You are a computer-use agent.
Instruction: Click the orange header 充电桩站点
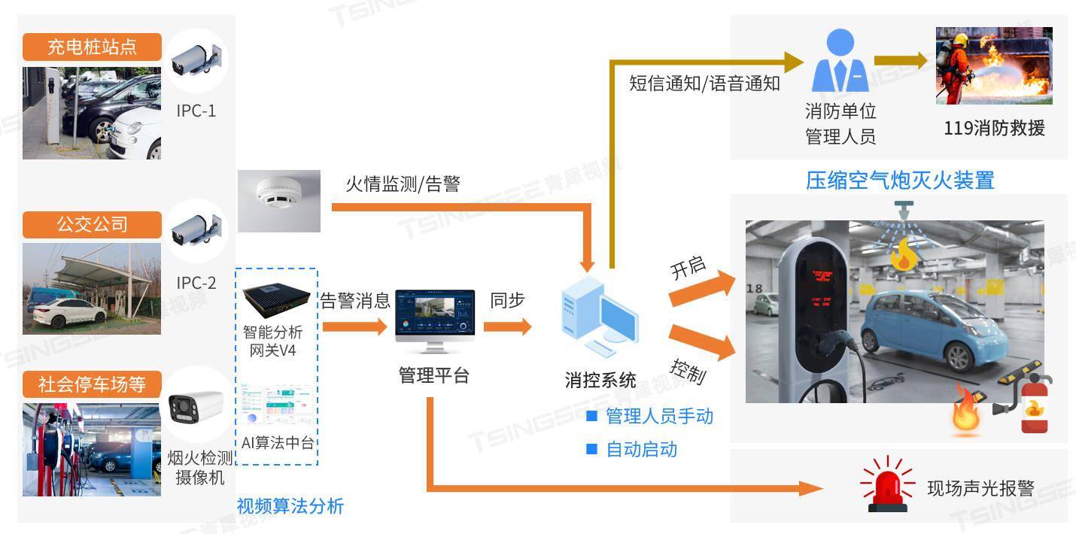[x=92, y=47]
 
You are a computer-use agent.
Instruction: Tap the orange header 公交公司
[x=92, y=224]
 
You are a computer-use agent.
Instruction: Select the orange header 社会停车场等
[x=92, y=385]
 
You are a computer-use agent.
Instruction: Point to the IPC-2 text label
[x=196, y=283]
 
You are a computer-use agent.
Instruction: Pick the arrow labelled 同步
[x=507, y=326]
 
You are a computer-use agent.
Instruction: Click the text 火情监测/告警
[x=402, y=184]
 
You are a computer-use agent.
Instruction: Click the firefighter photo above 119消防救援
[x=993, y=66]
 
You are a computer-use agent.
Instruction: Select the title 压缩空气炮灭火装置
[x=900, y=181]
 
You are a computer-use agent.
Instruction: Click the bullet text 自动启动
[x=641, y=450]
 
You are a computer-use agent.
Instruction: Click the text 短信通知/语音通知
[x=704, y=83]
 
